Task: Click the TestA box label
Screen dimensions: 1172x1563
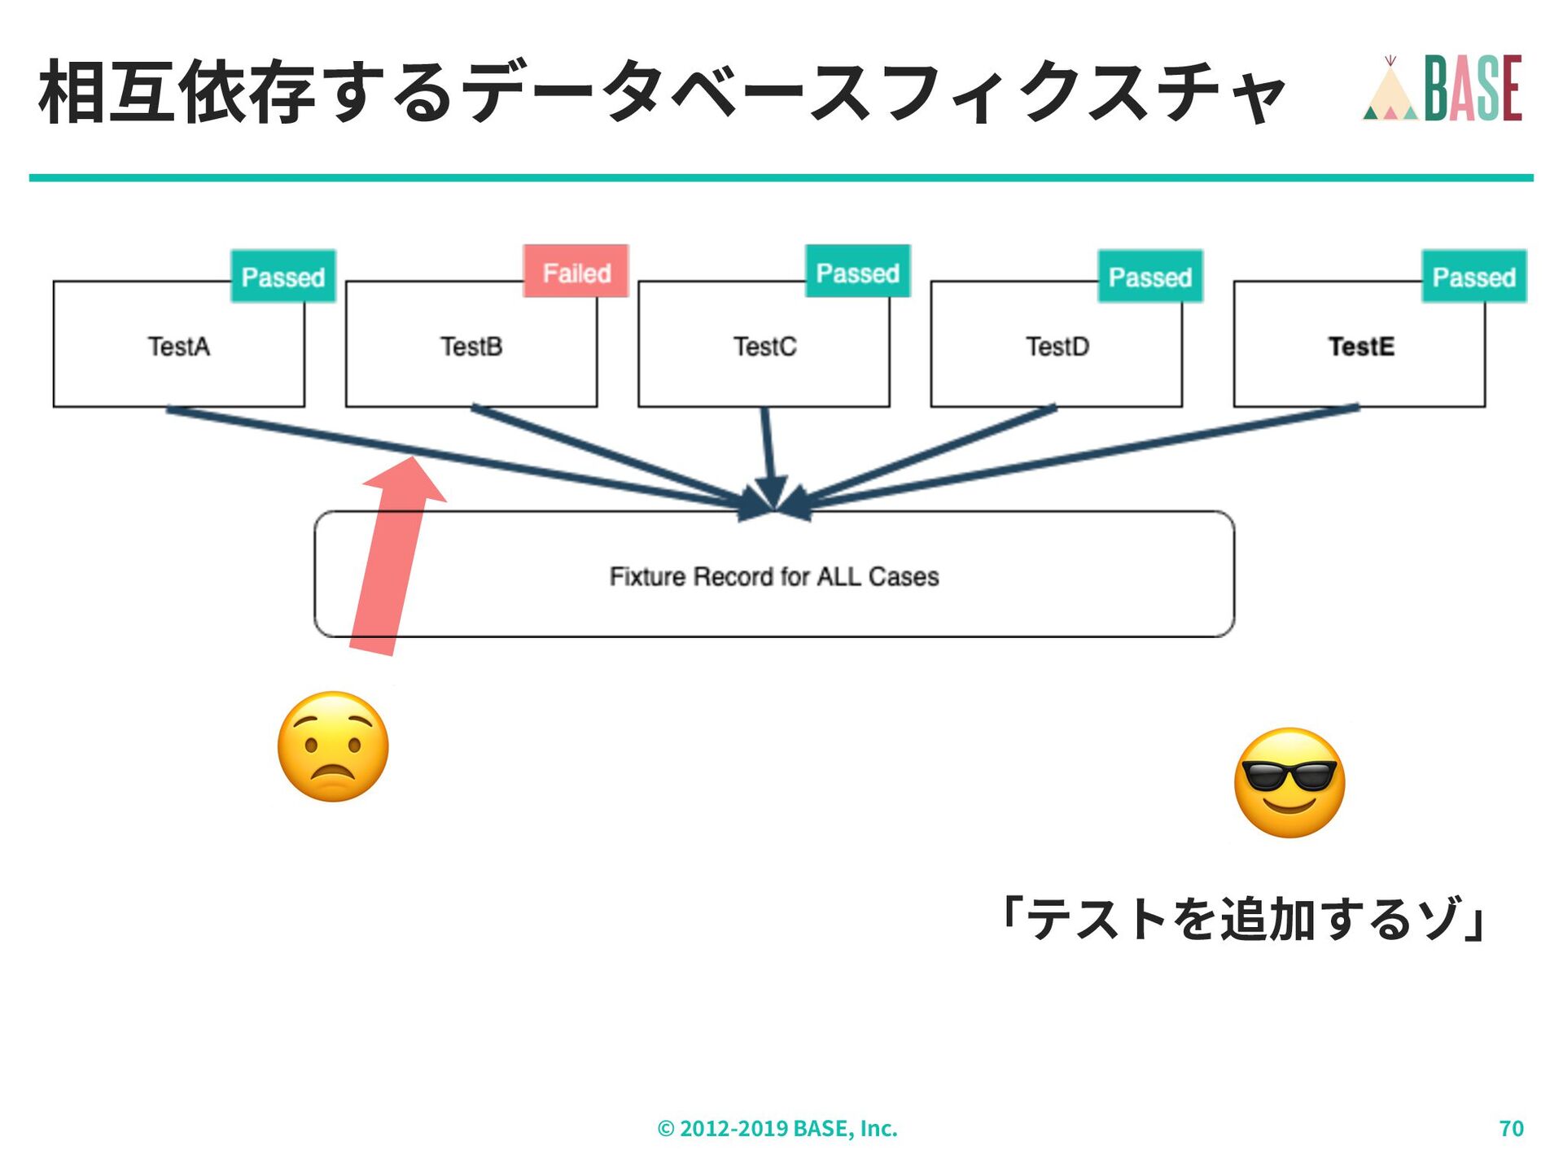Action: [x=179, y=347]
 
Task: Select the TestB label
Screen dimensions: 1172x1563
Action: [x=471, y=347]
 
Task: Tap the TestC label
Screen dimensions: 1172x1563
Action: [x=764, y=347]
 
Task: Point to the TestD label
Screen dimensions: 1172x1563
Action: [x=1057, y=347]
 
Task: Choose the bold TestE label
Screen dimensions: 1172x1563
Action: [x=1361, y=347]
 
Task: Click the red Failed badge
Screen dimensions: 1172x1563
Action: [x=576, y=272]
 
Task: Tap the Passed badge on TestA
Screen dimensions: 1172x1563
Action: [x=283, y=277]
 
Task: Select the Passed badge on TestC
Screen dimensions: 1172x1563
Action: [x=857, y=272]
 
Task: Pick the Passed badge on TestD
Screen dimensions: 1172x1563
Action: [x=1149, y=277]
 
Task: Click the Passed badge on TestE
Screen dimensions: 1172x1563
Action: [x=1473, y=277]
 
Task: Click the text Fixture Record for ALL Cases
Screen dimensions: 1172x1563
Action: [x=773, y=576]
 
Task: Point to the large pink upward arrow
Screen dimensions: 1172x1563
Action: [x=391, y=562]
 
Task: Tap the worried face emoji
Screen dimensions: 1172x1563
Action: [x=333, y=747]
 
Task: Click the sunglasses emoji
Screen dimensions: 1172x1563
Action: [x=1289, y=782]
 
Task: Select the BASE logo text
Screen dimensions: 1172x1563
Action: [x=1473, y=89]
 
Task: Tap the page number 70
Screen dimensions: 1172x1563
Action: [x=1511, y=1128]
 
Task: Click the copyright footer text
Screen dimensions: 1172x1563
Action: [x=777, y=1128]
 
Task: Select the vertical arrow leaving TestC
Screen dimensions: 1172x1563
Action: [x=767, y=452]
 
